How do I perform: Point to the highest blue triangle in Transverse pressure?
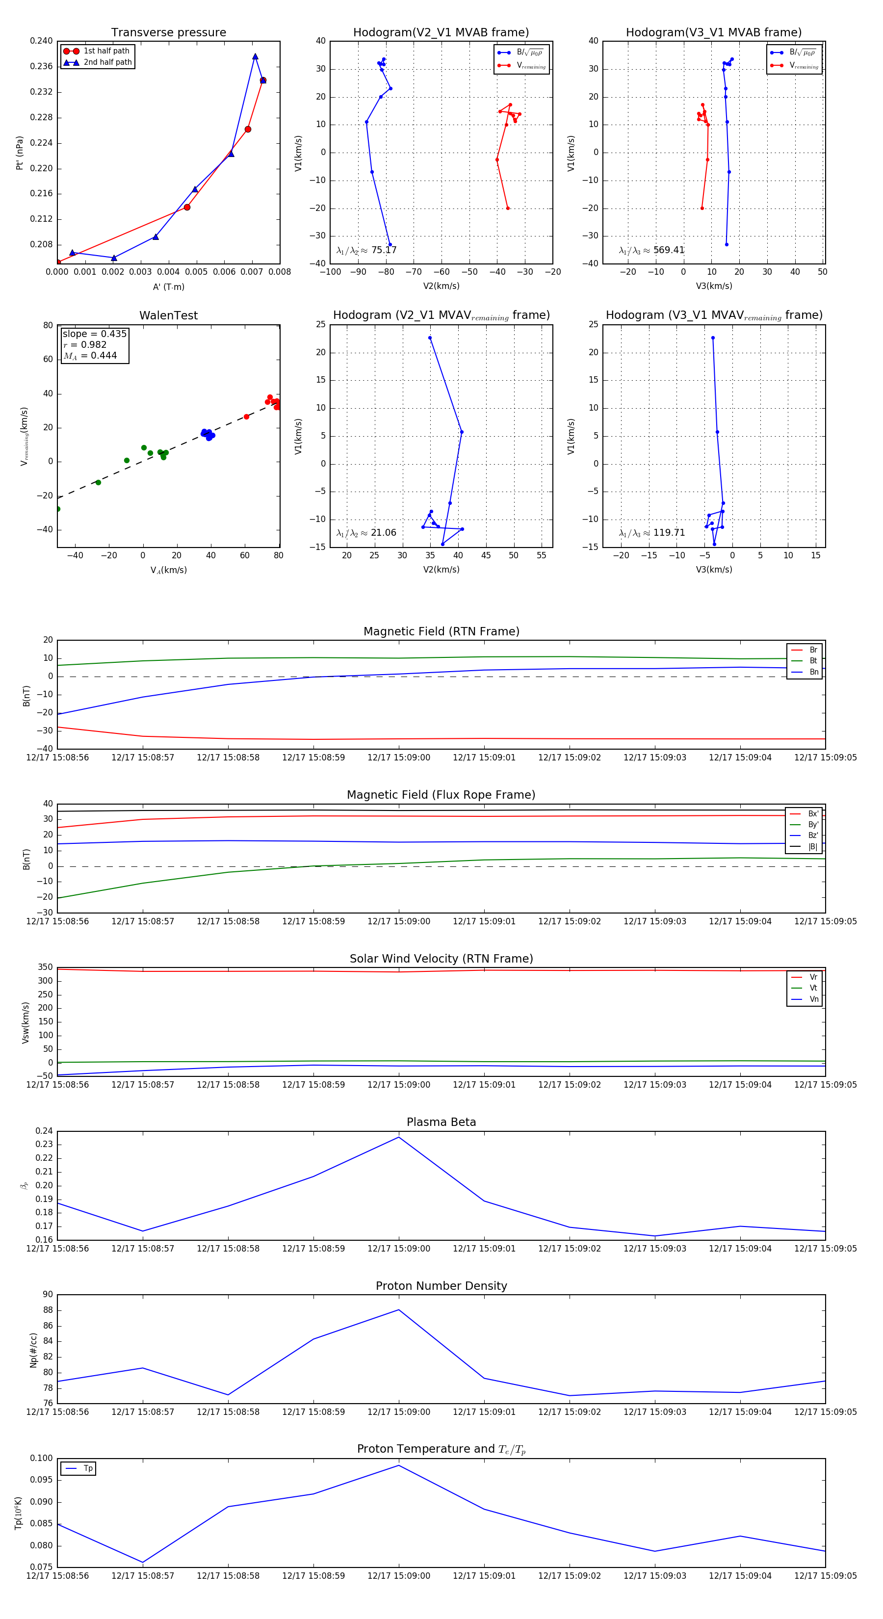[255, 56]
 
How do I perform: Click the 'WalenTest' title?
[168, 315]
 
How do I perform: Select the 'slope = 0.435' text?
[94, 334]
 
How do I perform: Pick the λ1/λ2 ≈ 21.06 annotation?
[366, 533]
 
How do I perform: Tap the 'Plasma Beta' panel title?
[441, 1122]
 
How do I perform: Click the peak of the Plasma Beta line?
[398, 1137]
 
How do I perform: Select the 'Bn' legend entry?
[813, 672]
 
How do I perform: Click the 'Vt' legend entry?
[813, 988]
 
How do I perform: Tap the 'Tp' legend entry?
[88, 1468]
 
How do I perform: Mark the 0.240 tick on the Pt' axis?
[42, 41]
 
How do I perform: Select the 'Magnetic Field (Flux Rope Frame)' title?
[441, 795]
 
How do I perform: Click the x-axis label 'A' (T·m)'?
[168, 287]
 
